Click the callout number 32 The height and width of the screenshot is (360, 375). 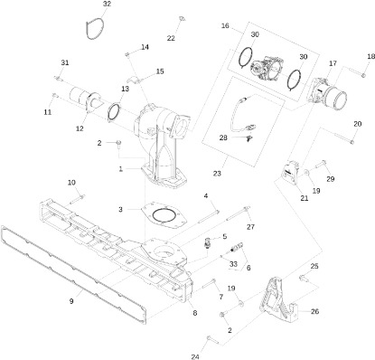pyautogui.click(x=107, y=4)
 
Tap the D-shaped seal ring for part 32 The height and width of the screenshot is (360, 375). pyautogui.click(x=86, y=30)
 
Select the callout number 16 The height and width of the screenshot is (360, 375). pyautogui.click(x=225, y=25)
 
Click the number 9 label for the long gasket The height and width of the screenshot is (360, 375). pyautogui.click(x=71, y=301)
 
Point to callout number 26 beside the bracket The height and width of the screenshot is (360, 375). pyautogui.click(x=314, y=311)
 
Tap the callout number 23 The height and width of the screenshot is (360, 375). pyautogui.click(x=217, y=174)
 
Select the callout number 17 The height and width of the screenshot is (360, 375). pyautogui.click(x=333, y=63)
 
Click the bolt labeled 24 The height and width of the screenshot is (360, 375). pyautogui.click(x=213, y=340)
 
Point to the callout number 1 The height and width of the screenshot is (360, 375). pyautogui.click(x=121, y=169)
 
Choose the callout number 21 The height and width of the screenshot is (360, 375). pyautogui.click(x=305, y=198)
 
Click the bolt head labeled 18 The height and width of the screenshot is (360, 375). pyautogui.click(x=363, y=75)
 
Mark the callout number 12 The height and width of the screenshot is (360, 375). pyautogui.click(x=80, y=128)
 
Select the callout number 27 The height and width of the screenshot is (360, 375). pyautogui.click(x=250, y=227)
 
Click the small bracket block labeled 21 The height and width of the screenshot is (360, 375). pyautogui.click(x=291, y=172)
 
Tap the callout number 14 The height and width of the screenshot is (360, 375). pyautogui.click(x=145, y=47)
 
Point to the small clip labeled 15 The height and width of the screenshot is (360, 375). pyautogui.click(x=134, y=80)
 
